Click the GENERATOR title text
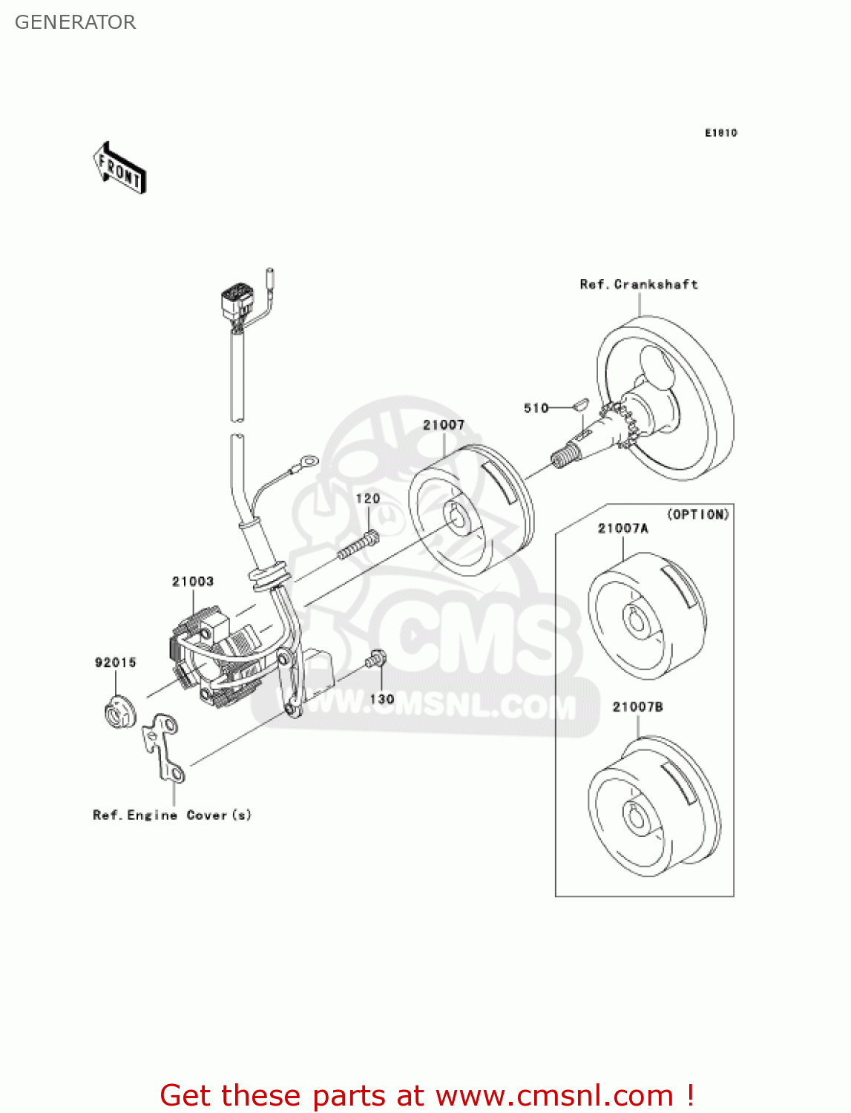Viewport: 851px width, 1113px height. [x=75, y=22]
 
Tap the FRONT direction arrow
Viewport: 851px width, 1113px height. [x=119, y=168]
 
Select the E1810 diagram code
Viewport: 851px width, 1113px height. [x=720, y=133]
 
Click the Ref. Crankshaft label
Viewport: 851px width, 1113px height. [x=638, y=284]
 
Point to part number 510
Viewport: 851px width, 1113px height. [x=536, y=408]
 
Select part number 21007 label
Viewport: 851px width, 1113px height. [x=444, y=425]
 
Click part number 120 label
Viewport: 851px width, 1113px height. [x=368, y=499]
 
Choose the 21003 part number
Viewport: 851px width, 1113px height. [x=193, y=582]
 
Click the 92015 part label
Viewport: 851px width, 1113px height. [x=116, y=663]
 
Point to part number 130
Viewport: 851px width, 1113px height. [x=381, y=699]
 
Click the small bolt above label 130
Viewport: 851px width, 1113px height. [x=377, y=658]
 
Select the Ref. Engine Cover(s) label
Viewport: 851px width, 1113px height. [x=172, y=815]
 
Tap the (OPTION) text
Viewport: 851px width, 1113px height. [x=698, y=514]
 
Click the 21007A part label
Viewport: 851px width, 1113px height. [x=622, y=528]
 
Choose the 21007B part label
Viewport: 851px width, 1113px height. [x=637, y=707]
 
